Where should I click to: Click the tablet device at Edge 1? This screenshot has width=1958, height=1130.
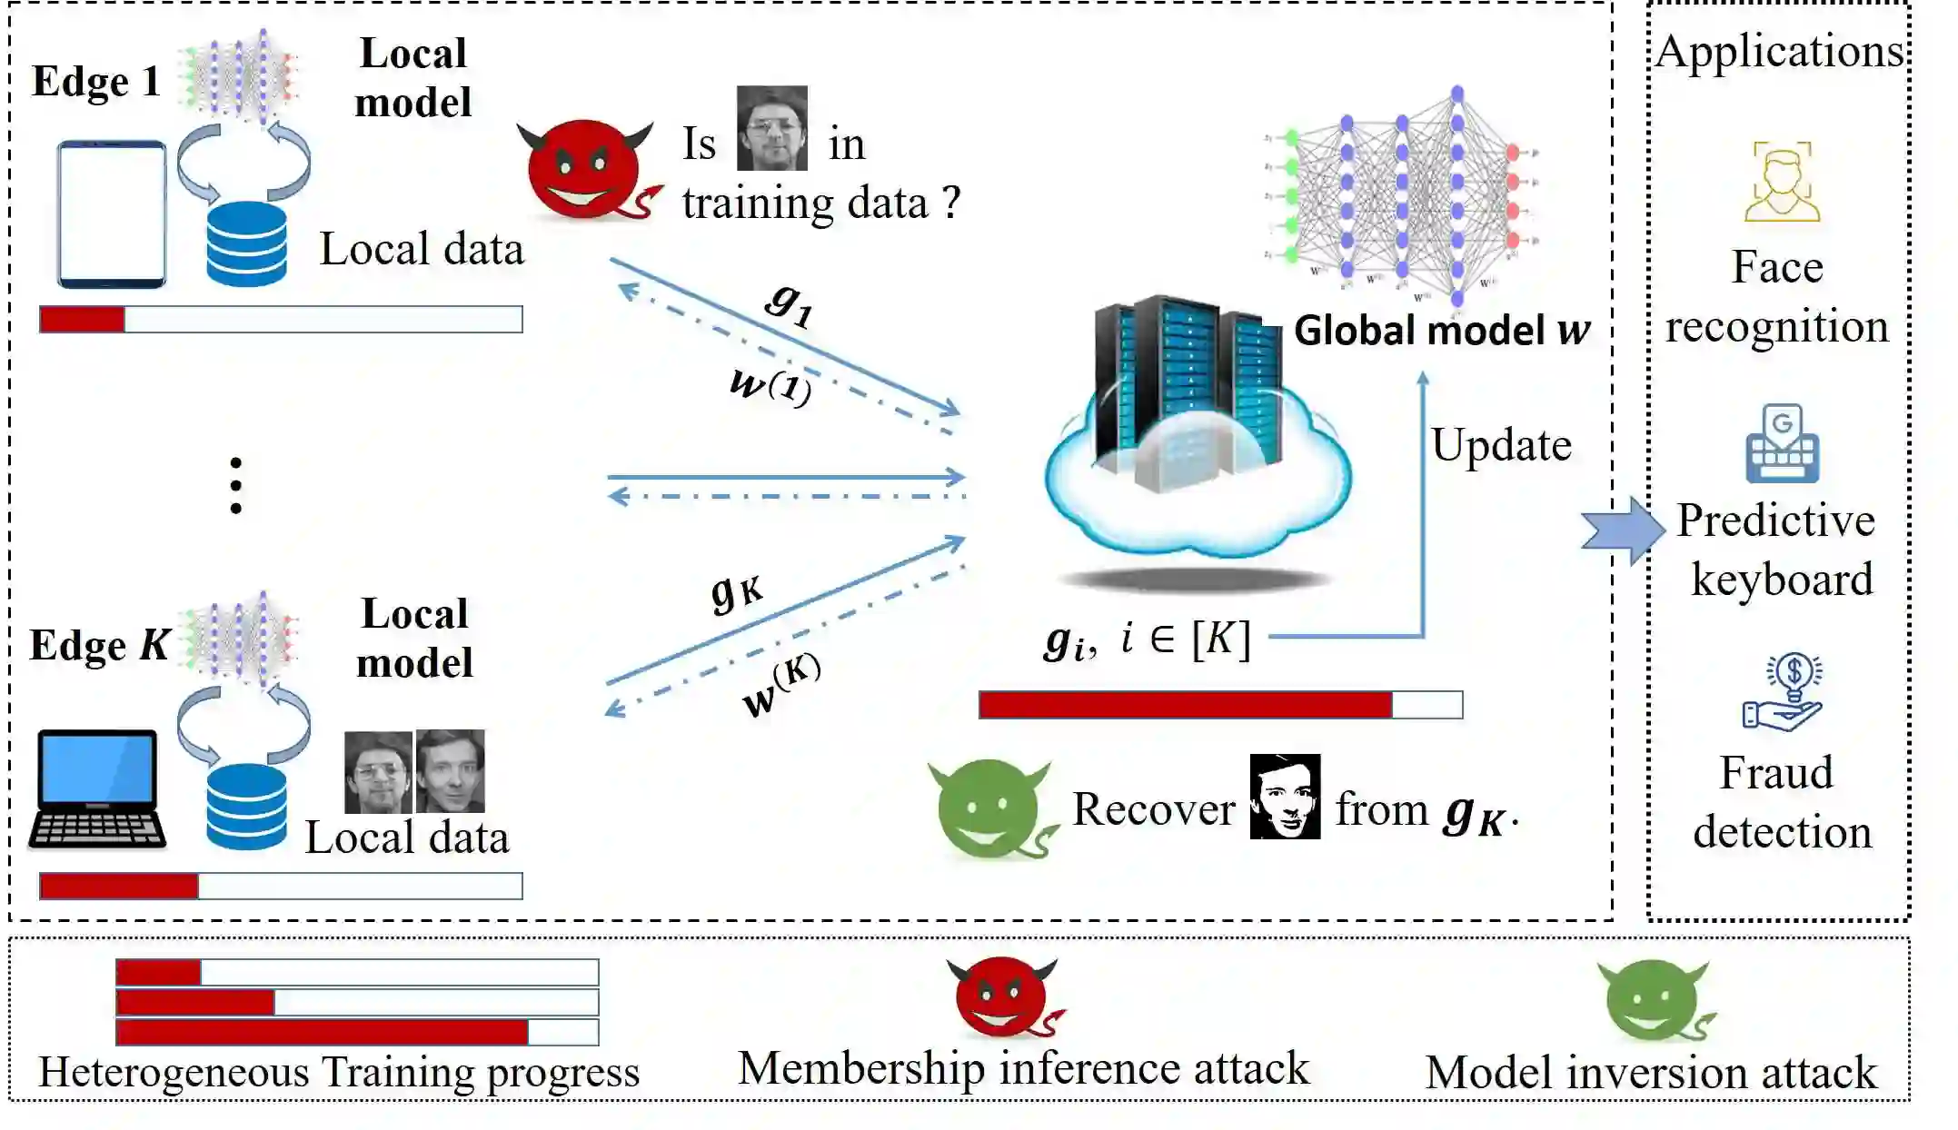click(112, 214)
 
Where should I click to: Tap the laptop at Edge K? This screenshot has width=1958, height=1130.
click(97, 788)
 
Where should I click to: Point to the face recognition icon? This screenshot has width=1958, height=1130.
click(1782, 182)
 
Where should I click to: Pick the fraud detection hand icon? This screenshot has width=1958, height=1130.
click(1782, 693)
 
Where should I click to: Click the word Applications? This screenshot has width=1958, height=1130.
click(1779, 51)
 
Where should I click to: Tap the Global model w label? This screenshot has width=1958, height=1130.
click(1442, 330)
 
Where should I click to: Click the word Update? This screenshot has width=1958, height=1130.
click(1501, 445)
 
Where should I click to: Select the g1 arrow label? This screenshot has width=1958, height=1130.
click(789, 302)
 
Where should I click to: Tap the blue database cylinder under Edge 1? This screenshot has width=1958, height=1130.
click(246, 243)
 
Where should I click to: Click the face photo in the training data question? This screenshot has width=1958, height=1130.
click(771, 128)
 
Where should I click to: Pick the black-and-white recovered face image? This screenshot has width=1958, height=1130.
click(1285, 797)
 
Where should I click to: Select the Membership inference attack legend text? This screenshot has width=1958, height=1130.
click(1023, 1068)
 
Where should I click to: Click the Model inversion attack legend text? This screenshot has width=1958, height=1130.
click(1650, 1073)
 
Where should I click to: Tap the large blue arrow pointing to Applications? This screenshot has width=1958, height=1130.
click(1621, 530)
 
